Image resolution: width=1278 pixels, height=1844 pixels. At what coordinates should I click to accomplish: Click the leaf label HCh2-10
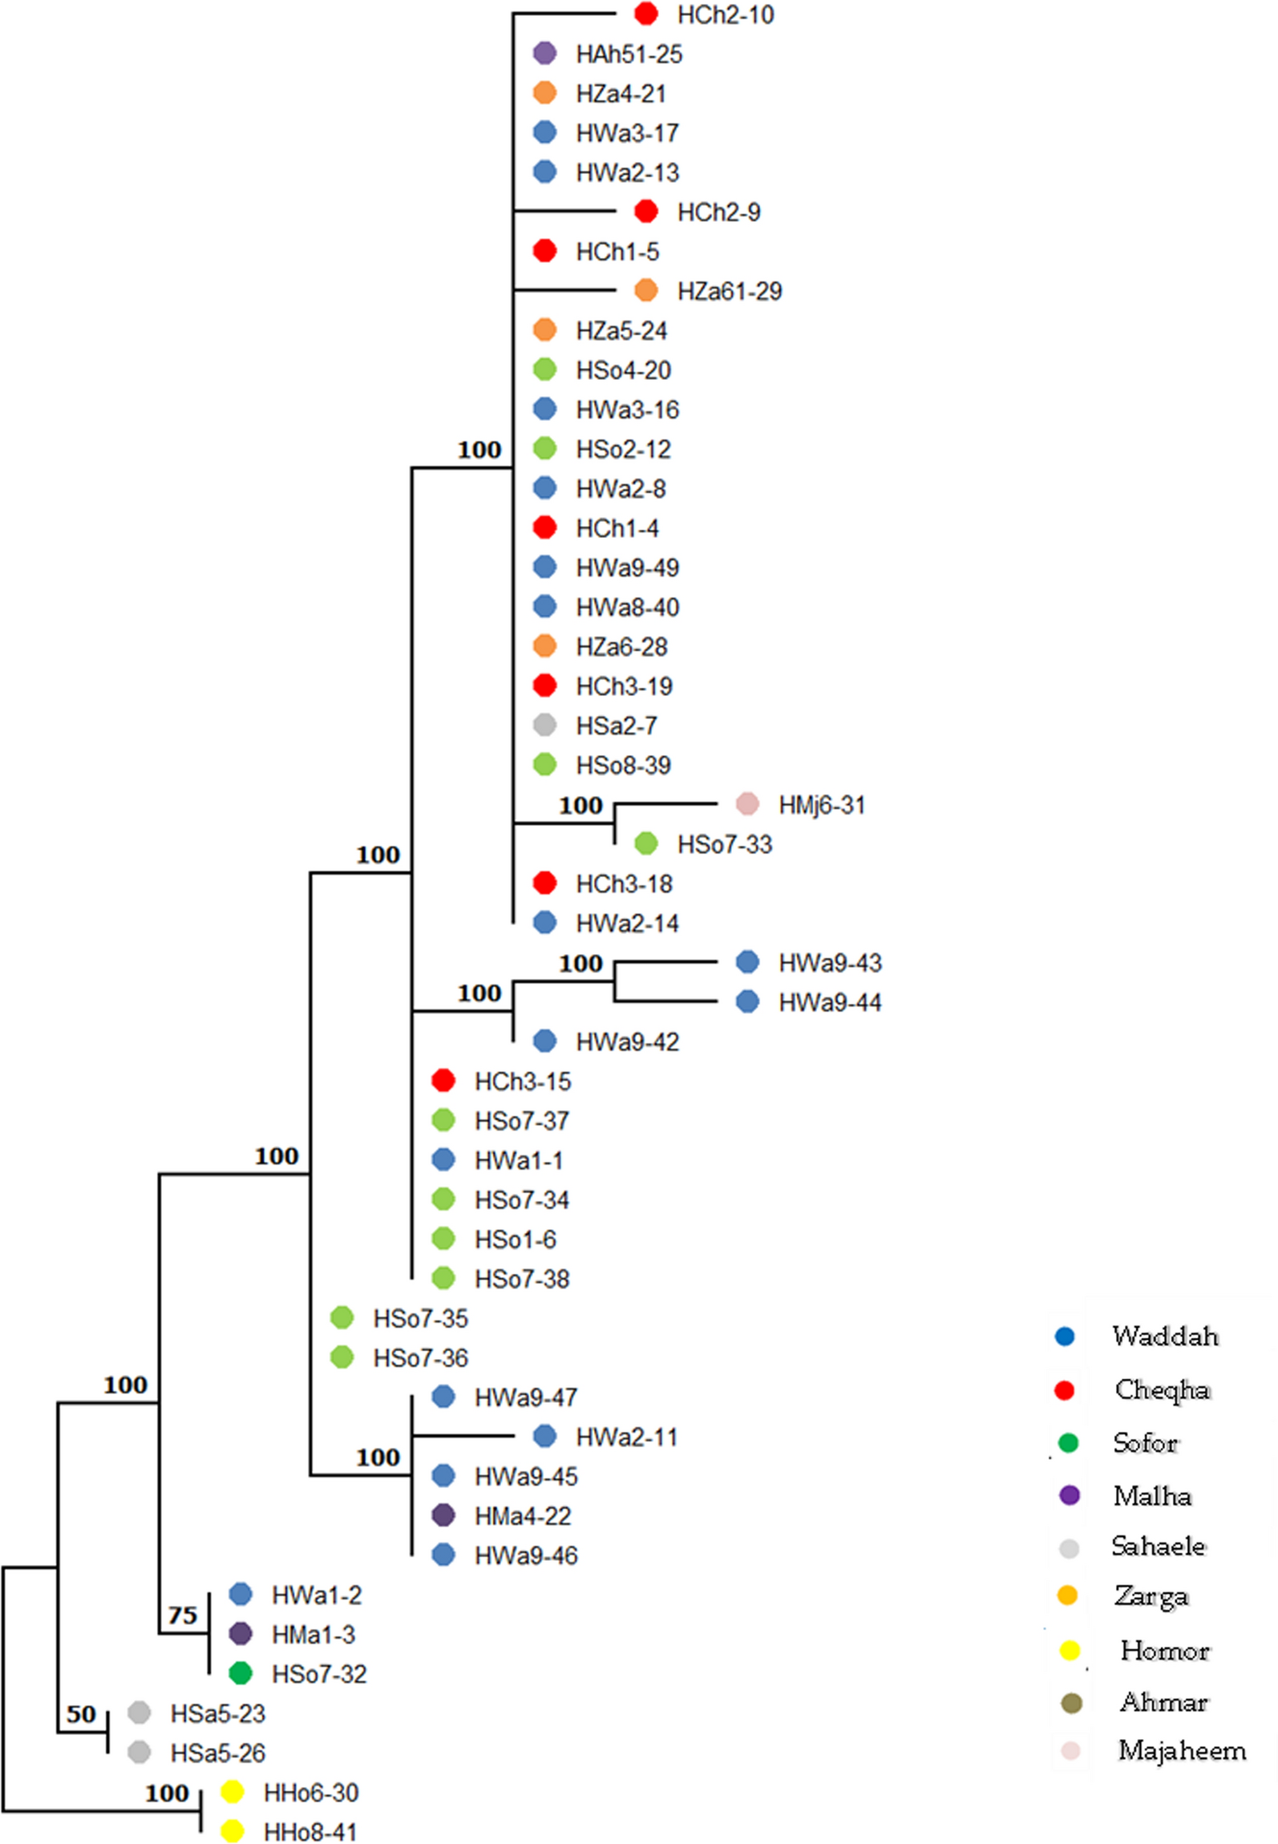pyautogui.click(x=725, y=14)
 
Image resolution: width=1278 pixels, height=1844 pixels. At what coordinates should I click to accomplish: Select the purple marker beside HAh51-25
pyautogui.click(x=544, y=54)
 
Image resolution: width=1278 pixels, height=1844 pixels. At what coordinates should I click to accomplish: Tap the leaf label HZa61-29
pyautogui.click(x=729, y=291)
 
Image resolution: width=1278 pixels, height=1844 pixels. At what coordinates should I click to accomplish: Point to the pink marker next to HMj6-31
pyautogui.click(x=747, y=804)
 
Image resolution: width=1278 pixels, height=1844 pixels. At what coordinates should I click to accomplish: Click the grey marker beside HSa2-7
pyautogui.click(x=544, y=726)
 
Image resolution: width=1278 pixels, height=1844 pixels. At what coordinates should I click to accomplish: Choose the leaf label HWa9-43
pyautogui.click(x=830, y=963)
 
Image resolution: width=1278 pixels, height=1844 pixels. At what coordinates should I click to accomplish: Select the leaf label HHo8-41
pyautogui.click(x=310, y=1832)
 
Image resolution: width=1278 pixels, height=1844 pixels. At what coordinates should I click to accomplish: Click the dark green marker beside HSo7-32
pyautogui.click(x=241, y=1673)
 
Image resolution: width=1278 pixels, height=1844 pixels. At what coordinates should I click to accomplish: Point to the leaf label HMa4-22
pyautogui.click(x=523, y=1516)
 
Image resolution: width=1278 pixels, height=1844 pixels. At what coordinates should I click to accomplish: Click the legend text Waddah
pyautogui.click(x=1165, y=1336)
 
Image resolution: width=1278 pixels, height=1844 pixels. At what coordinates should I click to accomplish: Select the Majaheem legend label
pyautogui.click(x=1182, y=1750)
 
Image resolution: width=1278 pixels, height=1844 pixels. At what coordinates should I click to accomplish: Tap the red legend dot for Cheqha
pyautogui.click(x=1065, y=1390)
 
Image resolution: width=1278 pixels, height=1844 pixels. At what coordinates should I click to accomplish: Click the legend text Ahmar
pyautogui.click(x=1163, y=1701)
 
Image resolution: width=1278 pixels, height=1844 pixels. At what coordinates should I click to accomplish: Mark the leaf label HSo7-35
pyautogui.click(x=420, y=1319)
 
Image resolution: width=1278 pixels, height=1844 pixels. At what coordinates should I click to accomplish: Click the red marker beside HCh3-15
pyautogui.click(x=443, y=1081)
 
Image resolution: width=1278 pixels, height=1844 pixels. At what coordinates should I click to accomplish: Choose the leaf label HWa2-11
pyautogui.click(x=626, y=1438)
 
